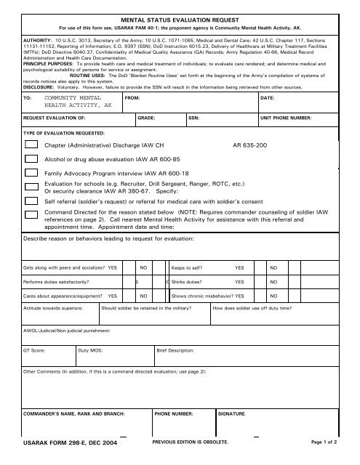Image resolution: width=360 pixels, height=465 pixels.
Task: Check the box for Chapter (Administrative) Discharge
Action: click(31, 145)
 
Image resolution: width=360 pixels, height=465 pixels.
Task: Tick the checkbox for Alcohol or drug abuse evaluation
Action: click(31, 159)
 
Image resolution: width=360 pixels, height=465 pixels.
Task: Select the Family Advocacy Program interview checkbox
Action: click(31, 174)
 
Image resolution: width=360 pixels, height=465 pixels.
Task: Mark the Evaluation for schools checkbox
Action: click(31, 187)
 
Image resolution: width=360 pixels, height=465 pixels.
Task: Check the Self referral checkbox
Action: click(31, 201)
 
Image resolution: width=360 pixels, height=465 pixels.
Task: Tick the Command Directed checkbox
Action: click(31, 215)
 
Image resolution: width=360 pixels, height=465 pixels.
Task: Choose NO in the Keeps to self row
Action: click(273, 267)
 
